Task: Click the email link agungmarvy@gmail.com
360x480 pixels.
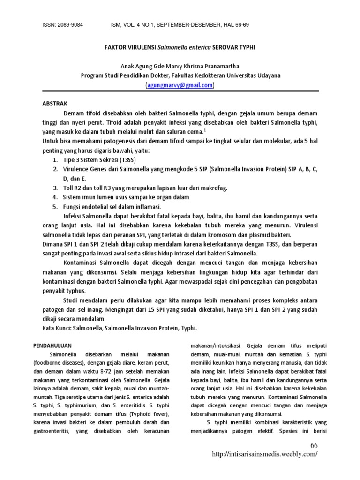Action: point(180,85)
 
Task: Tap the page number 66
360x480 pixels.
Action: point(314,445)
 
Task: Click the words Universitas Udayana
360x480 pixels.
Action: point(254,75)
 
